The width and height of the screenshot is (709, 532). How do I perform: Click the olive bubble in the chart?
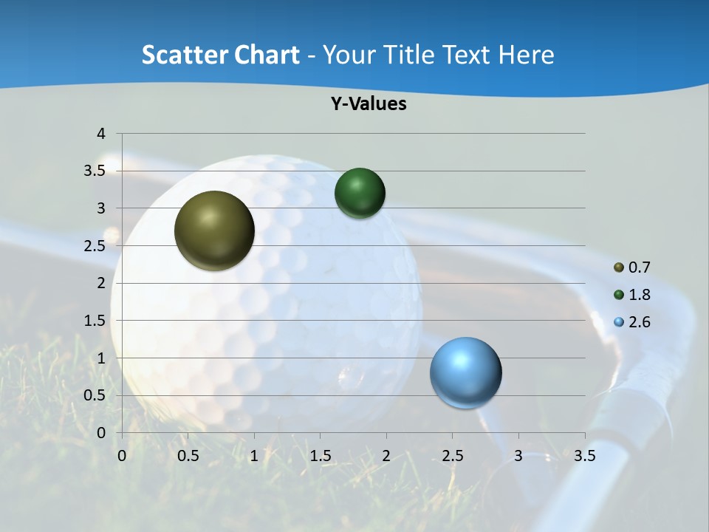click(x=214, y=231)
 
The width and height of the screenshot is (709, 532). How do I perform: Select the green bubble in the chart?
click(x=360, y=193)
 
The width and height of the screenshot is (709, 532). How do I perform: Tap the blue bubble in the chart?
click(x=465, y=372)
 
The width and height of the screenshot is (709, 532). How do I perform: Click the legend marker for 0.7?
click(x=619, y=267)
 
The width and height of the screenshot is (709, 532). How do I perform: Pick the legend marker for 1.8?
click(x=619, y=295)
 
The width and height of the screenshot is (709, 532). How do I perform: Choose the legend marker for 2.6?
click(x=619, y=322)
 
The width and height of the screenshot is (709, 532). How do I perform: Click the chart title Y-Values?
click(x=369, y=104)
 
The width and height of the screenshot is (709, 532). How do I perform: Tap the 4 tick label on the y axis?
click(x=102, y=134)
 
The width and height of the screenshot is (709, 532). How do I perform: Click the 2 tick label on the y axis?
click(x=102, y=283)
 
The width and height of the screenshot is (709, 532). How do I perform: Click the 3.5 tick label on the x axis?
click(x=585, y=456)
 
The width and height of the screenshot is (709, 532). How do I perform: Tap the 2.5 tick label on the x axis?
click(x=453, y=456)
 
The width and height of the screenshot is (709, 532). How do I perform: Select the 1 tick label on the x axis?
click(x=254, y=456)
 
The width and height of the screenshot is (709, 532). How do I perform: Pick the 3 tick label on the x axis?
click(x=518, y=456)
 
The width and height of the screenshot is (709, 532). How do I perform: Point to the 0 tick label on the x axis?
click(x=122, y=456)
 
